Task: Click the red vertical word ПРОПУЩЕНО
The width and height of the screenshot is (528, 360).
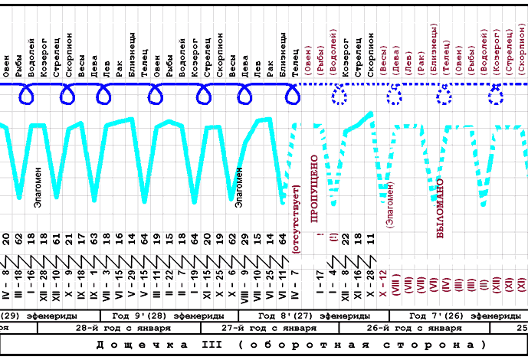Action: pyautogui.click(x=313, y=188)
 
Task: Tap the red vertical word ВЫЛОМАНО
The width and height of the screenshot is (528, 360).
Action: pyautogui.click(x=440, y=208)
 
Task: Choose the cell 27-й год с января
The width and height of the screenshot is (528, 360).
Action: pyautogui.click(x=265, y=328)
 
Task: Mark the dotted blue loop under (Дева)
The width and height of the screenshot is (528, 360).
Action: pyautogui.click(x=395, y=96)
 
